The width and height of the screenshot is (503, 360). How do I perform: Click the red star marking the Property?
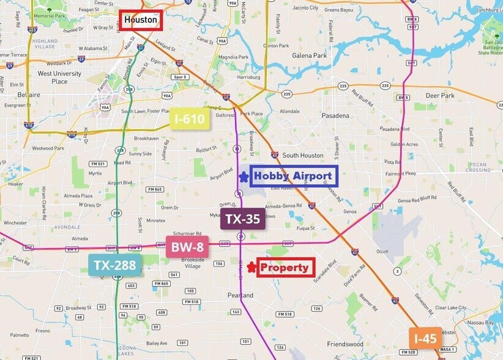tap(251, 267)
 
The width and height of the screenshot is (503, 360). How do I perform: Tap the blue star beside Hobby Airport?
tap(244, 177)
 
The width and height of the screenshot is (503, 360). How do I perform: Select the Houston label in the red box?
tap(140, 20)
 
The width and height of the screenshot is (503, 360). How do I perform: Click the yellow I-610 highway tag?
tap(190, 119)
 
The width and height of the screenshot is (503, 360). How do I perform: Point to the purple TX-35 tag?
tap(243, 219)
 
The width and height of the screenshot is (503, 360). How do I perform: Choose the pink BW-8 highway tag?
tap(187, 247)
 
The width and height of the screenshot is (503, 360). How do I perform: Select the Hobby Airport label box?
tap(293, 176)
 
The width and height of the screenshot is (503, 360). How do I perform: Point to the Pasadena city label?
tap(335, 116)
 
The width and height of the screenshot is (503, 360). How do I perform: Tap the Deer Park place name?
tap(440, 96)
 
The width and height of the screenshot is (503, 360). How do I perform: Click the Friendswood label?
tap(347, 344)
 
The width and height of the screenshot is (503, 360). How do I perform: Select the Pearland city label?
tap(240, 295)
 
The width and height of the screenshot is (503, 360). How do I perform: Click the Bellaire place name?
tap(29, 95)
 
